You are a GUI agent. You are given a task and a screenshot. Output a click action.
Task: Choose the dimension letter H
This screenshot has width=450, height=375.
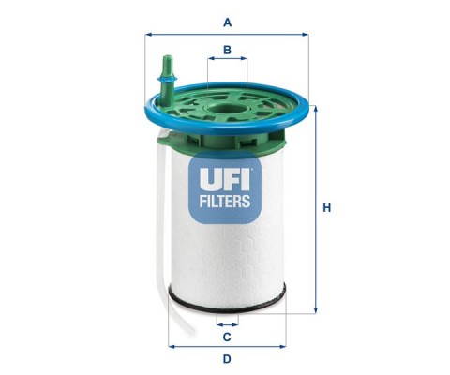click(327, 208)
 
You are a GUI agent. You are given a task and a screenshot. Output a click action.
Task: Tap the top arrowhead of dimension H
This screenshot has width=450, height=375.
click(316, 109)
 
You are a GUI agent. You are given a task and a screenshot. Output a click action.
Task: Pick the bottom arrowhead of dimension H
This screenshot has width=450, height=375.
click(316, 309)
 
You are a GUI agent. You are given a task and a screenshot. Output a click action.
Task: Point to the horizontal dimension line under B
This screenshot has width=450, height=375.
click(227, 58)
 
